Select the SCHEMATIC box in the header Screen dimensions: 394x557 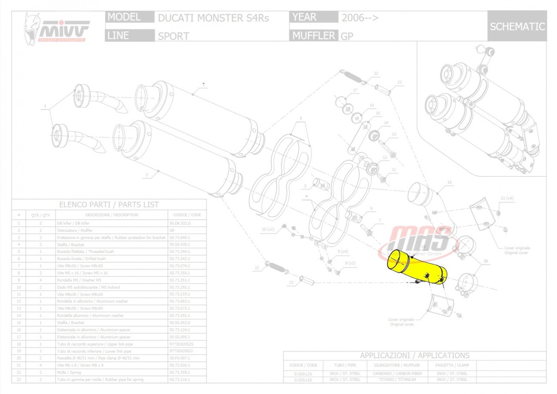[x=517, y=27]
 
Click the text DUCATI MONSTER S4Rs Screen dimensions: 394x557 [x=213, y=18]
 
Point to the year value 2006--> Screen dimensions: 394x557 [x=360, y=18]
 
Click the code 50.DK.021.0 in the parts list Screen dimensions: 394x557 [x=180, y=223]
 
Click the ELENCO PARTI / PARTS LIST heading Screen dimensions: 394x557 [x=109, y=204]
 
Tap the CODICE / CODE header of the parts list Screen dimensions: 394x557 [x=187, y=215]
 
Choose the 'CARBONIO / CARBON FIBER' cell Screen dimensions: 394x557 [x=394, y=374]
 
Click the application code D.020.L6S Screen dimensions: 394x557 [x=303, y=380]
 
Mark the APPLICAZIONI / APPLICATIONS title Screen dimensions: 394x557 [x=414, y=355]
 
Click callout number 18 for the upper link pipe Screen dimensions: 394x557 [x=450, y=182]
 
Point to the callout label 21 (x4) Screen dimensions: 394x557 [x=507, y=198]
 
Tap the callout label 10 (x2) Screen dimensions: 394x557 [x=268, y=229]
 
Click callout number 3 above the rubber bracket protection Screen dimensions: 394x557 [x=300, y=118]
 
